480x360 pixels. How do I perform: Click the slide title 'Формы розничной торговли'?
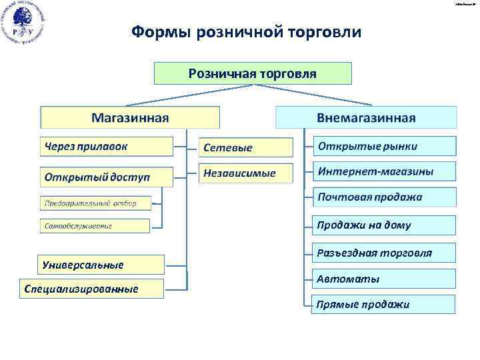pyautogui.click(x=246, y=32)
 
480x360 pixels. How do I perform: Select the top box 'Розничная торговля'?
pyautogui.click(x=253, y=73)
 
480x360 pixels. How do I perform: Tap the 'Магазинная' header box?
pyautogui.click(x=130, y=117)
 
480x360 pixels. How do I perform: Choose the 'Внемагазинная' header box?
pyautogui.click(x=366, y=117)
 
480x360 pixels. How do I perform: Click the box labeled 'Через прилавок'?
pyautogui.click(x=106, y=146)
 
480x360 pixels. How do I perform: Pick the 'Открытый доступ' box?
pyautogui.click(x=106, y=177)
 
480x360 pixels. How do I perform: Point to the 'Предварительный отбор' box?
pyautogui.click(x=95, y=203)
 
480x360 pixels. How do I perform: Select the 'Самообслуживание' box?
pyautogui.click(x=95, y=225)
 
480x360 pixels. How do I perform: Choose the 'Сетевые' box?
pyautogui.click(x=246, y=147)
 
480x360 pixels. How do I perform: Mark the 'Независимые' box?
pyautogui.click(x=246, y=173)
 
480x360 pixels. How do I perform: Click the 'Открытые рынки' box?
pyautogui.click(x=385, y=146)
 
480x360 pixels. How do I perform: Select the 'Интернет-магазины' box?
pyautogui.click(x=385, y=171)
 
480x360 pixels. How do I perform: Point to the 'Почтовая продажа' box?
pyautogui.click(x=385, y=197)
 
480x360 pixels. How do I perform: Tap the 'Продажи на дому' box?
pyautogui.click(x=385, y=225)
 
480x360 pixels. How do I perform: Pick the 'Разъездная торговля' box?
pyautogui.click(x=385, y=253)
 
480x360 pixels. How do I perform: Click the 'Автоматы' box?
pyautogui.click(x=385, y=279)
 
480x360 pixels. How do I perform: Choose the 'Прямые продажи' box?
pyautogui.click(x=385, y=305)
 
